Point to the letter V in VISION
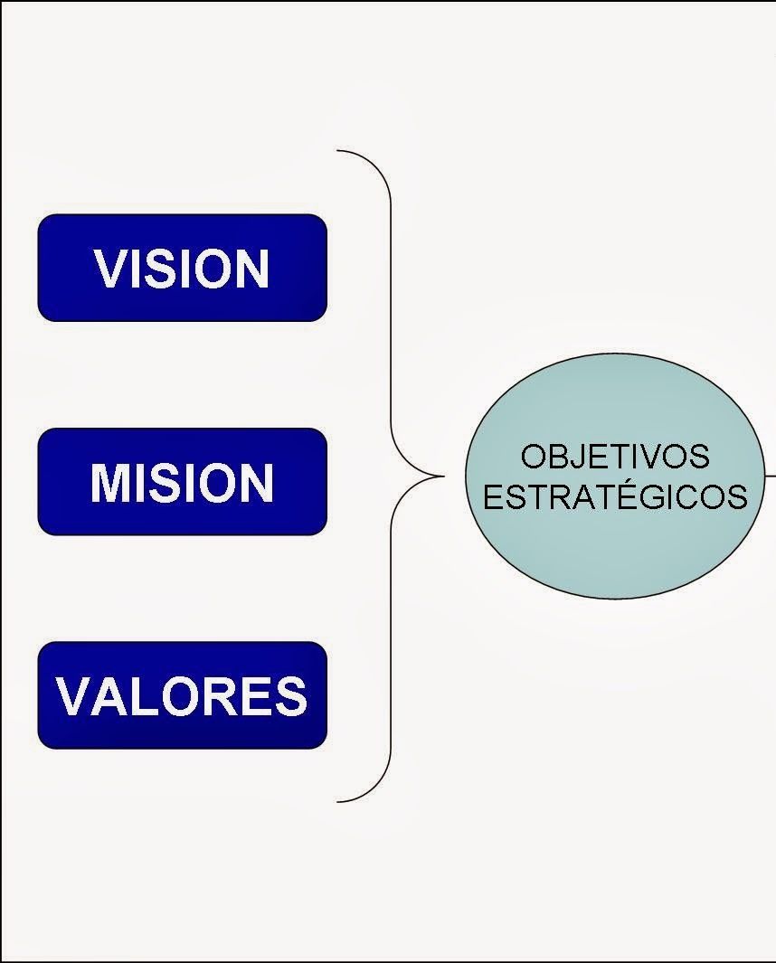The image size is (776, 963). tap(109, 269)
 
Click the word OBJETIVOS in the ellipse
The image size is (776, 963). tap(615, 457)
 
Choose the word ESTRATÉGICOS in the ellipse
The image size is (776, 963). tap(615, 497)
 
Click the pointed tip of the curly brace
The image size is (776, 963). tap(442, 476)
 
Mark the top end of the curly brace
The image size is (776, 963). tap(339, 151)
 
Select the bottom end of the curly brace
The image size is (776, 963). tap(339, 801)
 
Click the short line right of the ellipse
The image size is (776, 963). tap(770, 473)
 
